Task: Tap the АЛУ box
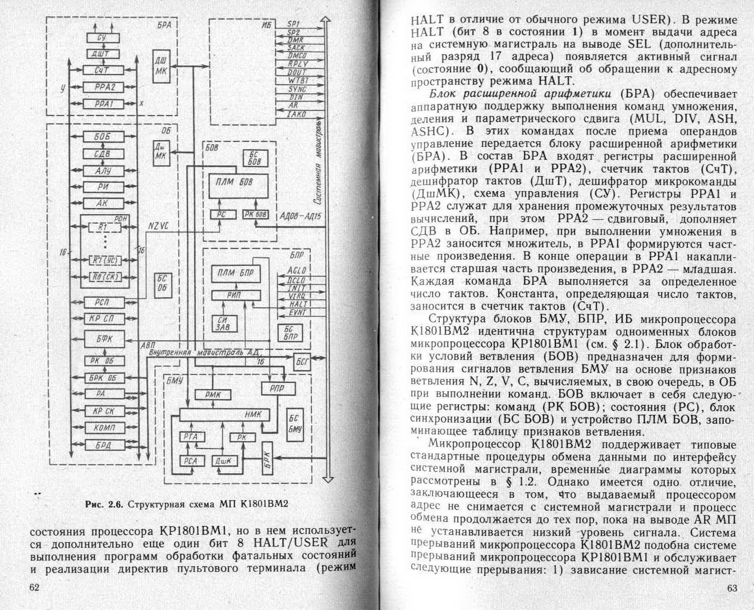point(103,170)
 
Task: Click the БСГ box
point(302,362)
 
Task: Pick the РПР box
point(277,388)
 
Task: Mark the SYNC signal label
point(297,89)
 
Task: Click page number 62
point(35,588)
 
